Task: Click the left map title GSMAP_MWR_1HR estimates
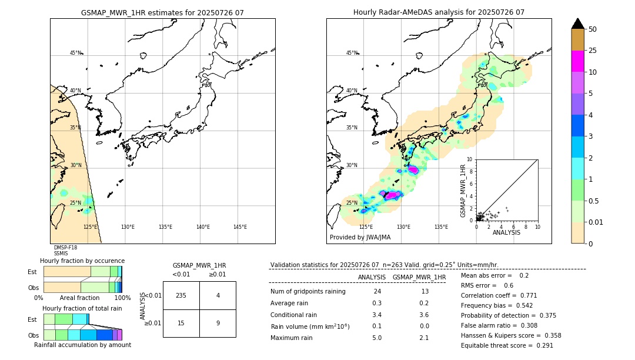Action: [x=162, y=12]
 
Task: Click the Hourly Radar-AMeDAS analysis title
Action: [x=439, y=12]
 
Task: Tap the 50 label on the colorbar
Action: [x=593, y=29]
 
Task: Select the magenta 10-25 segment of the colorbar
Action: [x=577, y=61]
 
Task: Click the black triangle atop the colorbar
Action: [x=577, y=24]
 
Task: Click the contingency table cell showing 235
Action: [x=181, y=295]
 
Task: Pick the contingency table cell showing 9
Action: [x=218, y=323]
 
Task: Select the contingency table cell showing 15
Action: [x=181, y=323]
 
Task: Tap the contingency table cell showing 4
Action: [x=218, y=295]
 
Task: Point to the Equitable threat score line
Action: [x=507, y=345]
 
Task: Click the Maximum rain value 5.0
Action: [x=376, y=338]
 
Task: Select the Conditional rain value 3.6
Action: [x=423, y=315]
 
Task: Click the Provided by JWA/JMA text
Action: [x=360, y=238]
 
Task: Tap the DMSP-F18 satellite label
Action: [x=65, y=248]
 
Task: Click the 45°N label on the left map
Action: [x=75, y=53]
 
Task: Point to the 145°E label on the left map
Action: [x=240, y=227]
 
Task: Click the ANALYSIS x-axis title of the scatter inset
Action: [x=506, y=232]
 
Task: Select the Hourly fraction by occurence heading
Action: [x=82, y=261]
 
